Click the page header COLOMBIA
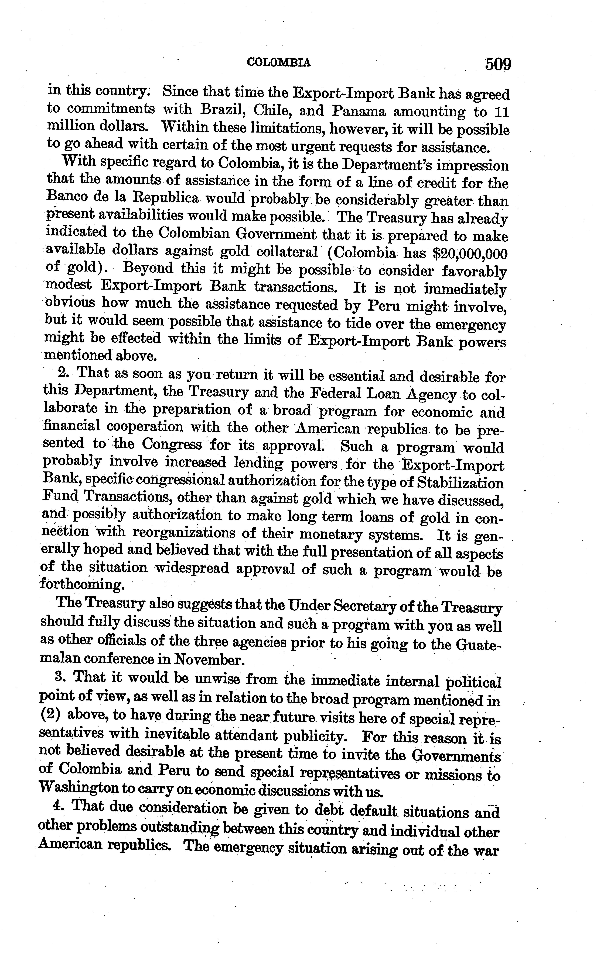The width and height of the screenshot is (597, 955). point(278,62)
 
